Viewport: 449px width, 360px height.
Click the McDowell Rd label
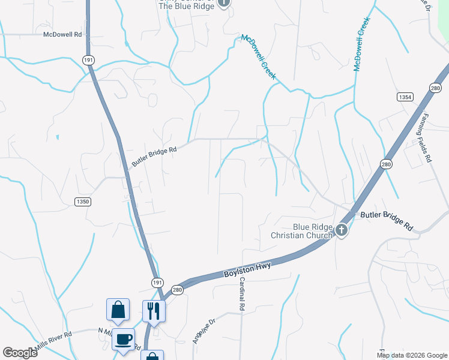pos(62,35)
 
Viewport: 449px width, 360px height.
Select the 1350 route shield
pos(83,202)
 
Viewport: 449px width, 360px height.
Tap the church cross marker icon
pos(342,229)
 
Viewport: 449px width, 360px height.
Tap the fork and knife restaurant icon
pos(154,311)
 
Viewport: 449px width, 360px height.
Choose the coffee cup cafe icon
pos(124,339)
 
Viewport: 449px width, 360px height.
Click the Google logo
pos(20,353)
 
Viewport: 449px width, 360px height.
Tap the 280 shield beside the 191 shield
pos(176,289)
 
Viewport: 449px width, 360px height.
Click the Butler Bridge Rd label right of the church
pos(387,220)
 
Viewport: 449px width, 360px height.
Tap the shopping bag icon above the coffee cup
pos(118,310)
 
